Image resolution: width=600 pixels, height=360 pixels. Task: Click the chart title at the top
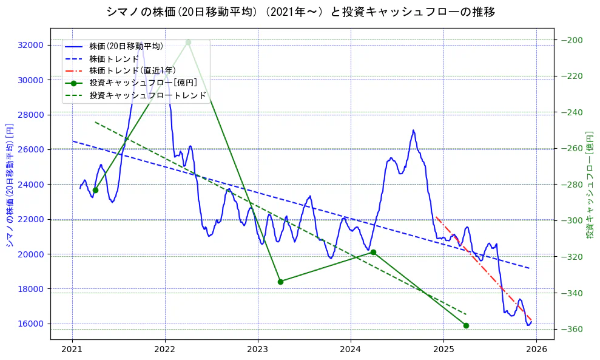click(300, 12)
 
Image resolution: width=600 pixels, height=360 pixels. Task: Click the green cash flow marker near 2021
click(95, 190)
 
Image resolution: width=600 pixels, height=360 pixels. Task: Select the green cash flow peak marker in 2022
click(188, 42)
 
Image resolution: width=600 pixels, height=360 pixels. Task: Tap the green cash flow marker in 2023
click(280, 282)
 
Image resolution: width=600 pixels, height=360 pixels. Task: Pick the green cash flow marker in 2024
click(373, 252)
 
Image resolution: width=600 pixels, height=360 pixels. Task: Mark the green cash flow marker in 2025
click(466, 325)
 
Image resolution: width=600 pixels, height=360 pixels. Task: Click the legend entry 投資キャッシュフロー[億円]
click(143, 83)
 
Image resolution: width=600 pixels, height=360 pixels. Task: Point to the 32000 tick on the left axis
click(30, 45)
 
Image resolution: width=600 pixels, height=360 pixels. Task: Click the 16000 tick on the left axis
click(30, 324)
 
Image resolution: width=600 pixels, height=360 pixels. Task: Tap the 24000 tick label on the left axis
click(30, 185)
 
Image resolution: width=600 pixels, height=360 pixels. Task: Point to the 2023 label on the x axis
click(258, 349)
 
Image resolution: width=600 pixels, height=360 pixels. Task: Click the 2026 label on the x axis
click(536, 349)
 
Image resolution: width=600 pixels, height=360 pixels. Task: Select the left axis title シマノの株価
click(10, 185)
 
